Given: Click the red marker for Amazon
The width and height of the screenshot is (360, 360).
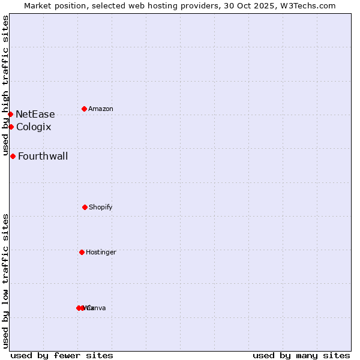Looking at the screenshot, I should point(84,109).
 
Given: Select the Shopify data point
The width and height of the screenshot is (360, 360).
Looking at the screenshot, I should point(85,207).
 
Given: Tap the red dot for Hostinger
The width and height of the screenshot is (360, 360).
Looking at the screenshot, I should point(82,252).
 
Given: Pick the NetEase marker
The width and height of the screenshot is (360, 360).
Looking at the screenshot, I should point(10,114).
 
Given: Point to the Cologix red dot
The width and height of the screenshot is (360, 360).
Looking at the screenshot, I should point(11,127).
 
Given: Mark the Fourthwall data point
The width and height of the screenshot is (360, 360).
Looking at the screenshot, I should point(13,156).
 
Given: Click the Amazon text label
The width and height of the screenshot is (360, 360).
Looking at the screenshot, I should point(100,109).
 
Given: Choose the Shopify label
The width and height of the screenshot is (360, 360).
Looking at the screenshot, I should point(100,207).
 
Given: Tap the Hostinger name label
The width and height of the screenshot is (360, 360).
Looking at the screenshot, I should point(101,252).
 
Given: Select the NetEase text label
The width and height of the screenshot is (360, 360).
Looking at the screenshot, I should point(35,114).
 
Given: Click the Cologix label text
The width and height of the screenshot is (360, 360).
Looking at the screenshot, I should point(34,127).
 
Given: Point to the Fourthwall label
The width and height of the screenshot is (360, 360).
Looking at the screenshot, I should point(43,156).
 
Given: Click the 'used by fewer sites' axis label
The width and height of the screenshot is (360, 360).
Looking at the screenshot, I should point(62,355).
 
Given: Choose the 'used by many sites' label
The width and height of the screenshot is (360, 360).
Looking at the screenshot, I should point(301,355).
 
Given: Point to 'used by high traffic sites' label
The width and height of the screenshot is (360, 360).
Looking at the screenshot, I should point(5,85).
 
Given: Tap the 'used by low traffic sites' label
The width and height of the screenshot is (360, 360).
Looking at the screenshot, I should point(5,280).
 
